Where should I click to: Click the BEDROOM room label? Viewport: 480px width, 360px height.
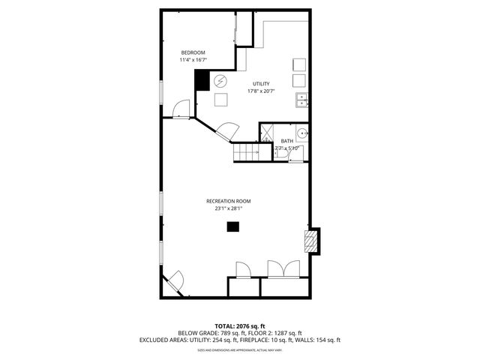tap(193, 52)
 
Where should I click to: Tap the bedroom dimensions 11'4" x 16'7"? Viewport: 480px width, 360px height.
tap(193, 60)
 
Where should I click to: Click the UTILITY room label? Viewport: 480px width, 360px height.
tap(261, 84)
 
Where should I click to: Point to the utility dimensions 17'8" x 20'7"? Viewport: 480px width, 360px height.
tap(261, 91)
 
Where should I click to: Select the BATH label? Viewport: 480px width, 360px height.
tap(287, 141)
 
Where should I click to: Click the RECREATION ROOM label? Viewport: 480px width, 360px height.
tap(229, 201)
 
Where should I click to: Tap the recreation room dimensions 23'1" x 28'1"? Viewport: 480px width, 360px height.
tap(229, 208)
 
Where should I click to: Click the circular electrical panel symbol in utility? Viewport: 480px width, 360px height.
tap(220, 81)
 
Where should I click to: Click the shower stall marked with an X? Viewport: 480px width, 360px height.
tap(265, 134)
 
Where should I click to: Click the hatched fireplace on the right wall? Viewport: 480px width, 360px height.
tap(310, 240)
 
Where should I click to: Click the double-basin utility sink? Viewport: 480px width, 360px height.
tap(301, 100)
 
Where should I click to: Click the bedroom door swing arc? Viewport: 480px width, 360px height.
tap(181, 109)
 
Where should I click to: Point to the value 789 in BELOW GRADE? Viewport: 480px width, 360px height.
tap(221, 333)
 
